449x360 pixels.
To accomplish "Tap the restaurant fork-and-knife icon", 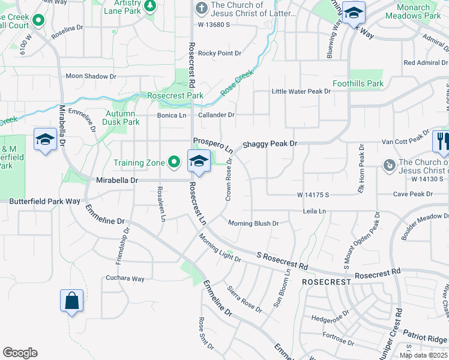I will click(442, 142).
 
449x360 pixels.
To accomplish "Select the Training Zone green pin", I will click(175, 162).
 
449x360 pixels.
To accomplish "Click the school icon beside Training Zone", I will click(199, 161).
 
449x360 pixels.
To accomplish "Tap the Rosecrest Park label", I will click(175, 95).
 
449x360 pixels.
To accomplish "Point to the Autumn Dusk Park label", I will click(122, 118).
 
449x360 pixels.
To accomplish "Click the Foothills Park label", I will click(358, 83).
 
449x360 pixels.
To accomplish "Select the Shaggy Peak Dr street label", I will click(270, 144).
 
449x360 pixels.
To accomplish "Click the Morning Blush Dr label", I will click(253, 223).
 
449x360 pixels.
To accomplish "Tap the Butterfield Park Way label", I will click(44, 202).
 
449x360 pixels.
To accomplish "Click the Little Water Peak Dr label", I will click(301, 91).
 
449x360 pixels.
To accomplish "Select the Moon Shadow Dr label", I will click(91, 76).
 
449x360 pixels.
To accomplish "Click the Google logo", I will click(20, 353).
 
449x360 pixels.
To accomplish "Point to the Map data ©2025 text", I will click(423, 355).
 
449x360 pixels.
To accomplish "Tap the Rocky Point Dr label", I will click(220, 53).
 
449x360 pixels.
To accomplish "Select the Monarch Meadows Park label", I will click(414, 12).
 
